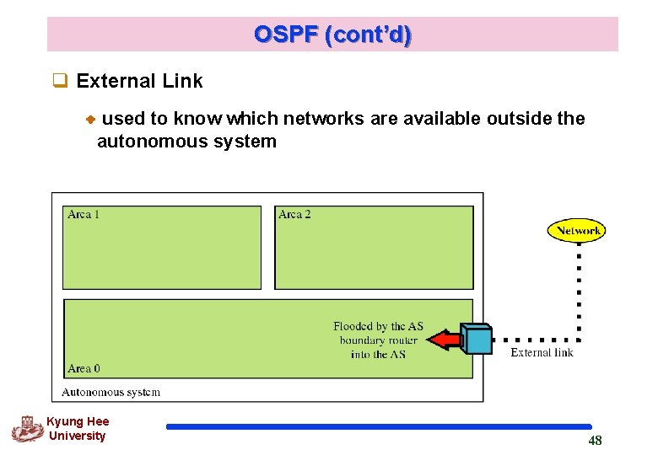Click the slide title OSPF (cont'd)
coord(332,35)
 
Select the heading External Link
coord(139,81)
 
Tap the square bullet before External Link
coord(59,82)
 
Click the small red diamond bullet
coord(90,120)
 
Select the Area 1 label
coord(84,214)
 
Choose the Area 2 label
coord(294,214)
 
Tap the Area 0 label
coord(84,368)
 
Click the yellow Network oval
coord(576,230)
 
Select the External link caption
coord(542,352)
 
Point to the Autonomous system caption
coord(111,392)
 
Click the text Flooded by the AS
coord(378,326)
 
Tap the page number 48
coord(595,441)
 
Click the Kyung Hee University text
coord(77,429)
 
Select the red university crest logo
coord(27,429)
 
